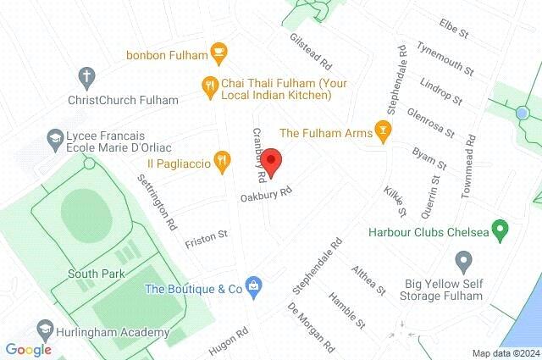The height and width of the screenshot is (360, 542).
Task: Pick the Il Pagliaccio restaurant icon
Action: pos(222,158)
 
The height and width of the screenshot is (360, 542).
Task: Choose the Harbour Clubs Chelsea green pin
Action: pos(500,229)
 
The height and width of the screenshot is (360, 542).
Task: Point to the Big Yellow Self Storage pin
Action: pos(462,260)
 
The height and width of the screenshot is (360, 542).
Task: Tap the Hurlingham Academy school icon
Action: pos(44,329)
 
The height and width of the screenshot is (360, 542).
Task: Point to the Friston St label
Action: pos(206,234)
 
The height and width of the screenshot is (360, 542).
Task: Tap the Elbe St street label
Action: pos(454,29)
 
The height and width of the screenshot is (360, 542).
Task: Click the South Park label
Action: pos(97,274)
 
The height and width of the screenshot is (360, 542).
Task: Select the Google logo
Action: pos(29,350)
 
